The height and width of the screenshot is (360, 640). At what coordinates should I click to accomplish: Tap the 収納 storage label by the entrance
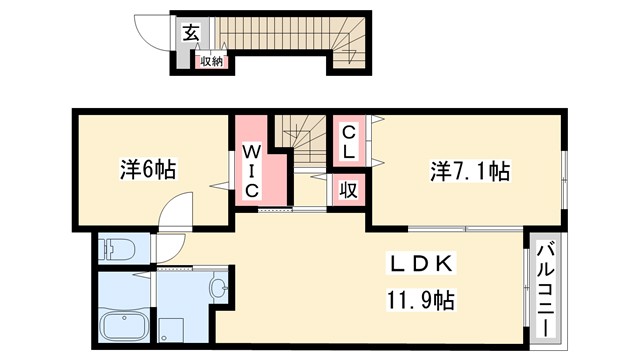click(211, 61)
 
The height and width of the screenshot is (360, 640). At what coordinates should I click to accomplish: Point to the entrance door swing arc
click(153, 30)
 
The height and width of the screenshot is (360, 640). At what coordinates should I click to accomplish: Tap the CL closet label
click(349, 143)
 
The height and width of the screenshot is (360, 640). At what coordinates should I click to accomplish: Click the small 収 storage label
click(347, 189)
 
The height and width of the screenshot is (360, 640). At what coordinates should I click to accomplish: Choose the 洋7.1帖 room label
click(470, 171)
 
